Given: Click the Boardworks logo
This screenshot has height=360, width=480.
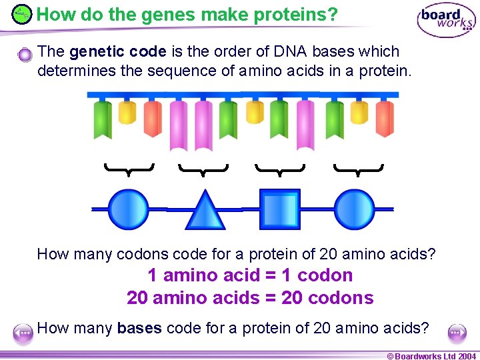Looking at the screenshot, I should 446,21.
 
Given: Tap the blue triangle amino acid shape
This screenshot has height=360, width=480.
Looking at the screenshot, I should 205,211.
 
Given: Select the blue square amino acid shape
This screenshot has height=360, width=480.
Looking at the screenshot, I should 279,209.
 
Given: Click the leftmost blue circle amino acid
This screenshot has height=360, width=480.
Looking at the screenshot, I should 129,209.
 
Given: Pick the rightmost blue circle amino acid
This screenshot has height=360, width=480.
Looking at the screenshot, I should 354,209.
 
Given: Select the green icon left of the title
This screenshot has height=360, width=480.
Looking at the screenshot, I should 22,13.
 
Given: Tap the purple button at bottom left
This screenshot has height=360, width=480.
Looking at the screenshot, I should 24,333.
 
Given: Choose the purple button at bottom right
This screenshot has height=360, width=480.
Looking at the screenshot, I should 457,332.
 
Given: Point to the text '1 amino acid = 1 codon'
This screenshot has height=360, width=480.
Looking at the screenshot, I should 250,275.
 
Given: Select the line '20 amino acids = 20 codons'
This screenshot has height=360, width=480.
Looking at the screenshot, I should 250,298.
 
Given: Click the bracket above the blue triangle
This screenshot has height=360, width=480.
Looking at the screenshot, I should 203,169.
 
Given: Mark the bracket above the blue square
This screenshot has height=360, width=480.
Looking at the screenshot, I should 280,169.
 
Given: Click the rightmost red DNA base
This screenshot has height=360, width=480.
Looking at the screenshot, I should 384,118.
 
